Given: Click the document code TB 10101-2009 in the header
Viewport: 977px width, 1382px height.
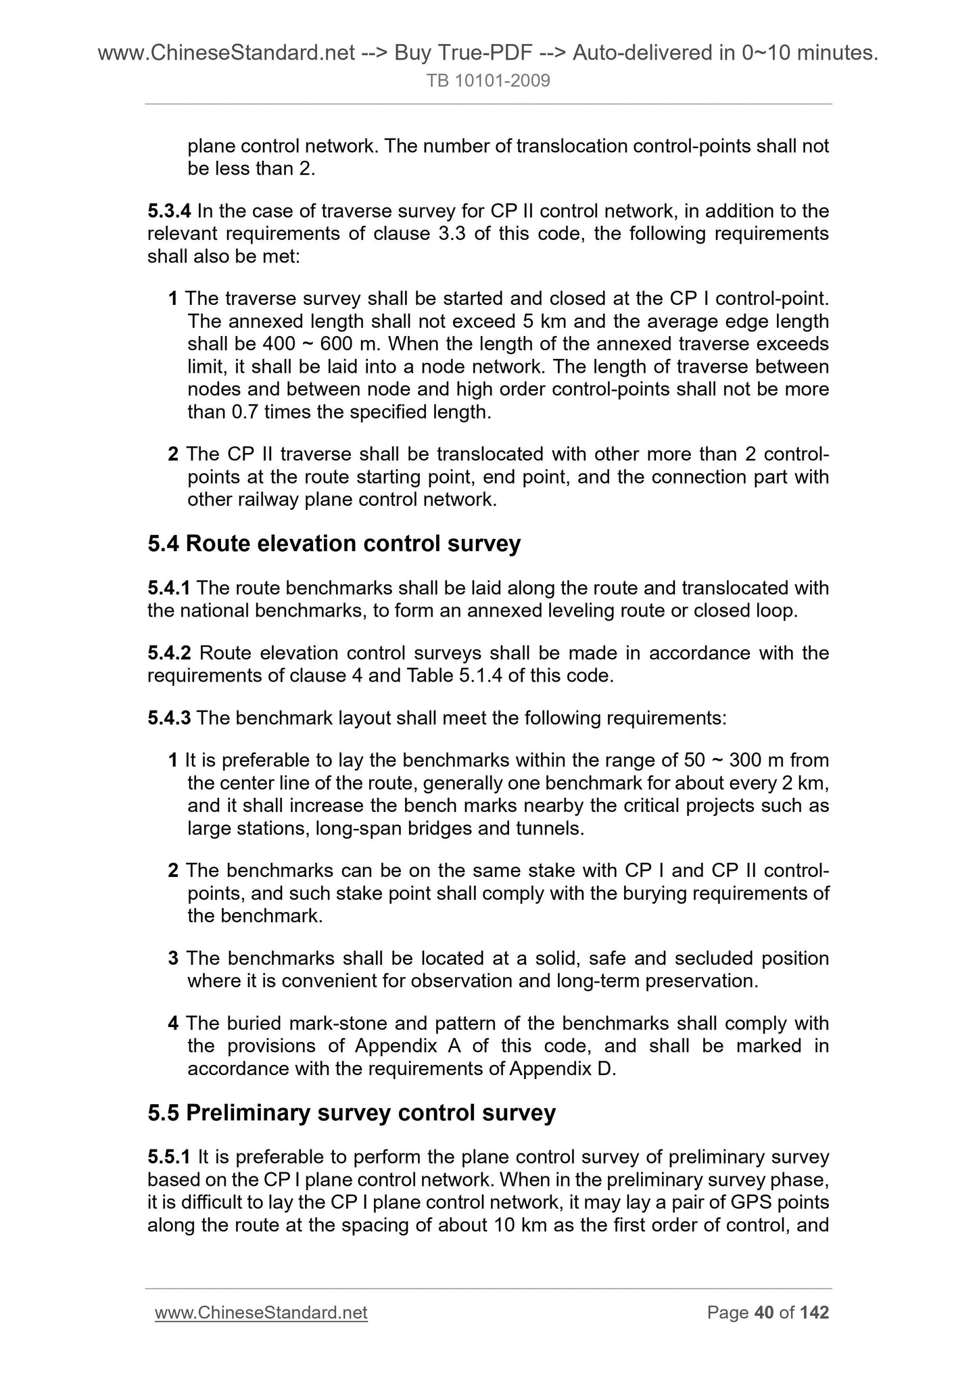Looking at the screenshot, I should [488, 82].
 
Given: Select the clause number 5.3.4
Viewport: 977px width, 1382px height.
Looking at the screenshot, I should [170, 212].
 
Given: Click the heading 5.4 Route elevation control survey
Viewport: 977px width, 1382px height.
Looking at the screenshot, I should [334, 544].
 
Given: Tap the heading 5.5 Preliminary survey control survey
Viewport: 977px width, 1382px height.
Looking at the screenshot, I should [352, 1113].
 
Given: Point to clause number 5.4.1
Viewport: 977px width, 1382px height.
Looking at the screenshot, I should [170, 588].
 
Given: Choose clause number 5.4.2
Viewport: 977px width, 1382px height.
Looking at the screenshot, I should [170, 653].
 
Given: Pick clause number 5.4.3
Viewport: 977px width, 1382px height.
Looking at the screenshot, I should [170, 718].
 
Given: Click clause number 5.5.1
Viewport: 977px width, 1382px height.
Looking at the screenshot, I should [170, 1158].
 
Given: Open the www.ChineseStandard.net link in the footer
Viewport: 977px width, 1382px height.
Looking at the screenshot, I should [261, 1313].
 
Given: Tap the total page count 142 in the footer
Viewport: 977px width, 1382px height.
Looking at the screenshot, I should [814, 1313].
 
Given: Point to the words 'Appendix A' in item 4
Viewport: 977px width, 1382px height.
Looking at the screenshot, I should [381, 1047].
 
